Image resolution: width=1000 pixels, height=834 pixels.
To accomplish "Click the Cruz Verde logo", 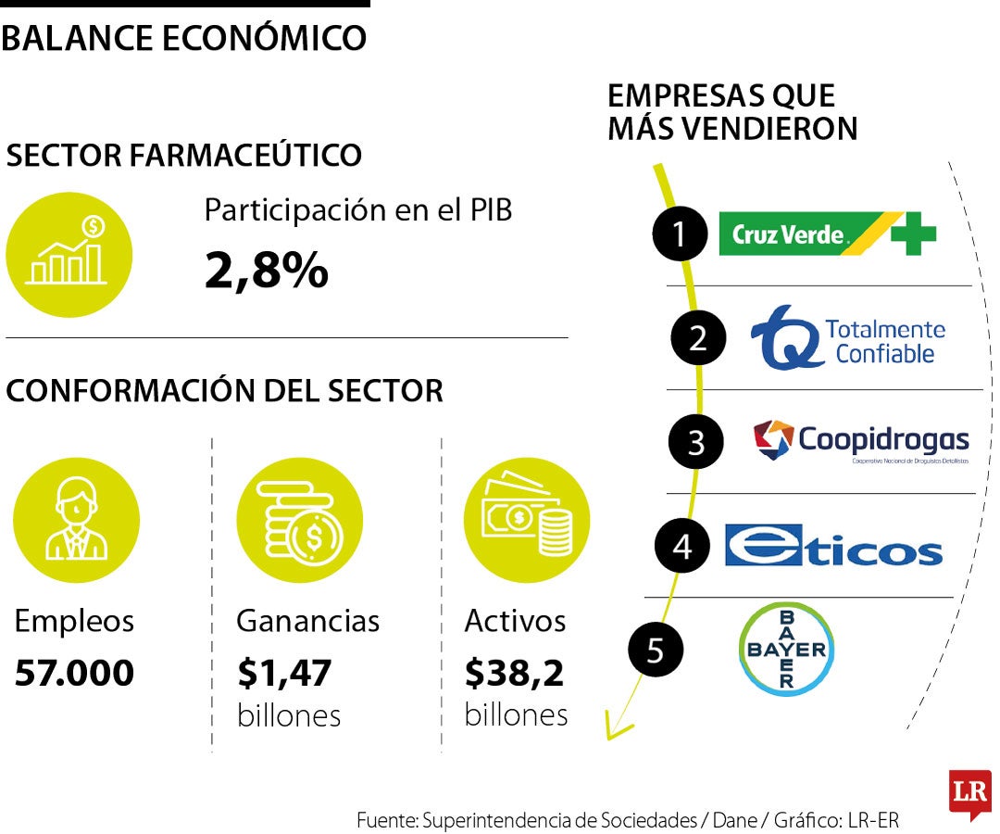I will coord(827,234).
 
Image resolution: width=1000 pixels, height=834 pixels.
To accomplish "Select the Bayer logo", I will coord(786,649).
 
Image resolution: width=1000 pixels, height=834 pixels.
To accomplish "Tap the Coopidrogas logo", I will coord(861,441).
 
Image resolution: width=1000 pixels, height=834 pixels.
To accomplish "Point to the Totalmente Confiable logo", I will coord(847,338).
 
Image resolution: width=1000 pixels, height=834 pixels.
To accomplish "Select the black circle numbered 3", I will coord(696,442).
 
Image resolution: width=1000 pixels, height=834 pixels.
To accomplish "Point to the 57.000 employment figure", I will coord(74,674).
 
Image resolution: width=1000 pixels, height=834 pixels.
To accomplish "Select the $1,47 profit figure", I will coord(284,674).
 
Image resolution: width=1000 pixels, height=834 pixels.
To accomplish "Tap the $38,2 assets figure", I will coord(514,674).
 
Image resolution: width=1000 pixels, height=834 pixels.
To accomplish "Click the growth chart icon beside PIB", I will coord(69,254).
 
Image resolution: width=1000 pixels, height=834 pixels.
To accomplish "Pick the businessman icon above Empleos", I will coord(76,520).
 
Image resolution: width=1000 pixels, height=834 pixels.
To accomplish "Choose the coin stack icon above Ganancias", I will coord(299,520).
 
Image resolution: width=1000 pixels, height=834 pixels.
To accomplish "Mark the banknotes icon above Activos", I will coord(526,520).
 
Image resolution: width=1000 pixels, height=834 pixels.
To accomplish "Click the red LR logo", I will coord(969,793).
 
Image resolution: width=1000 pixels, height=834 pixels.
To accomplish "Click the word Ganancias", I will coord(307,621).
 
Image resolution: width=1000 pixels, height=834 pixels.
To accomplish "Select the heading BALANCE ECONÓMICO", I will coord(183,38).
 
